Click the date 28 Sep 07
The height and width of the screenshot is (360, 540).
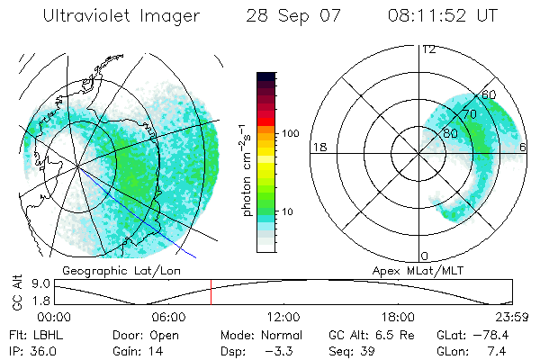(x=291, y=16)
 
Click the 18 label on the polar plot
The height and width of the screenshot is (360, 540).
(x=319, y=147)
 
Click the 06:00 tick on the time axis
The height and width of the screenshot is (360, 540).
(x=169, y=317)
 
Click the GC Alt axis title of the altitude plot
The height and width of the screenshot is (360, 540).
(x=16, y=293)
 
